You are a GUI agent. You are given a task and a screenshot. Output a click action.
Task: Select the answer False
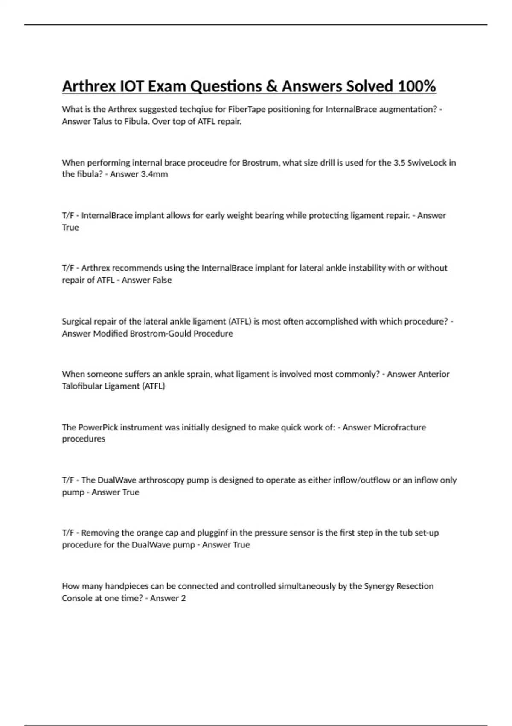click(161, 280)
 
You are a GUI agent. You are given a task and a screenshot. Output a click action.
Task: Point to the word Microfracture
click(399, 427)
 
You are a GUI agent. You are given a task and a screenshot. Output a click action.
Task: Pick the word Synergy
click(379, 586)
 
